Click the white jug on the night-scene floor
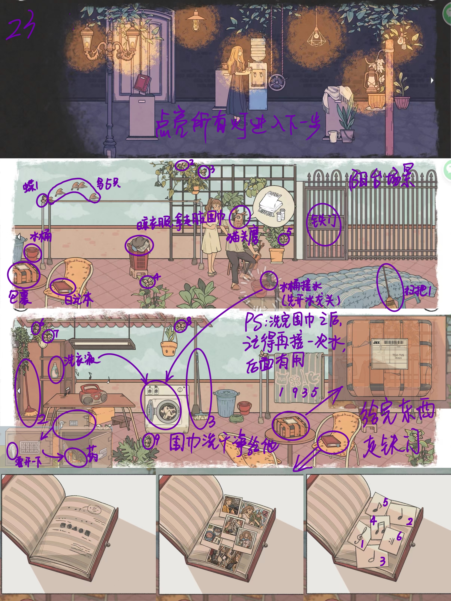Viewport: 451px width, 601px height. pyautogui.click(x=333, y=136)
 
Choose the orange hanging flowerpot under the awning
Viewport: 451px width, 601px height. pyautogui.click(x=169, y=348)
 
